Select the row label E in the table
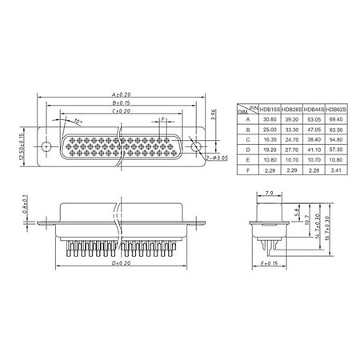pos(249,158)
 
